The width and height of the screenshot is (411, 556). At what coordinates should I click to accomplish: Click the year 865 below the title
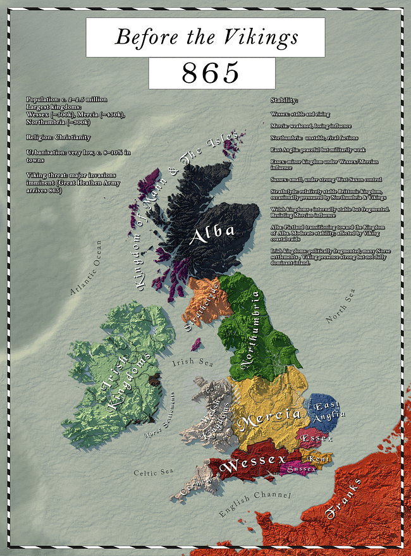pos(211,73)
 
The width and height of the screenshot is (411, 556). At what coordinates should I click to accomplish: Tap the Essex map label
pos(313,437)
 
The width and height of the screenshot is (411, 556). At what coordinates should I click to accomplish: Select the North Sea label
pos(341,306)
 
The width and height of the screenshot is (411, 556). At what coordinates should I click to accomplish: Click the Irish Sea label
pos(192,362)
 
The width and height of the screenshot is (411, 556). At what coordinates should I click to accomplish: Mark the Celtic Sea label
pos(154,472)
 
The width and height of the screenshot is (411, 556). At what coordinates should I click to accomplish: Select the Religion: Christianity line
pos(58,137)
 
